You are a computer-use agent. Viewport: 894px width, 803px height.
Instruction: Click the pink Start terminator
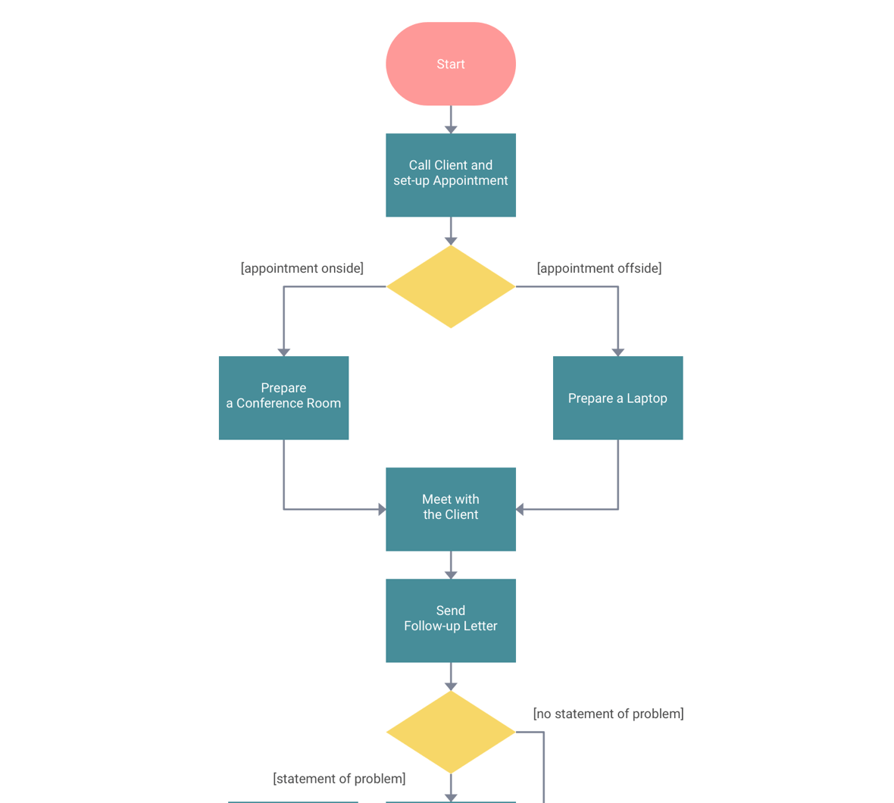(x=450, y=64)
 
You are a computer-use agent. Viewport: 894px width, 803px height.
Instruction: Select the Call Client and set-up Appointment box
(x=450, y=175)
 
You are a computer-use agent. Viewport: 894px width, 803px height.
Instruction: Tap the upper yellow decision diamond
(x=450, y=286)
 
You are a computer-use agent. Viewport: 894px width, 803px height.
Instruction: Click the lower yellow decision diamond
(x=450, y=732)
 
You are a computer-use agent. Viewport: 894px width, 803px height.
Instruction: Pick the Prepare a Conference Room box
(x=283, y=398)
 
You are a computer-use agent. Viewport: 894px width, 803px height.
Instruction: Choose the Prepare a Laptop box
(x=617, y=398)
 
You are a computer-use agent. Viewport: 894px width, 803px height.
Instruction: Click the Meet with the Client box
(x=450, y=509)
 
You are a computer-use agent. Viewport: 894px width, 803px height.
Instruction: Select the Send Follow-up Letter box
(x=450, y=620)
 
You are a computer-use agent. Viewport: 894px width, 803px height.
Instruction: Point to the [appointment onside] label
(x=302, y=268)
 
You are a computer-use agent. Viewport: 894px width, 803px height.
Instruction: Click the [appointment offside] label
(x=599, y=268)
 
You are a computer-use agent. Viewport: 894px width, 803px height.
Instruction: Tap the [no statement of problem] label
(x=608, y=714)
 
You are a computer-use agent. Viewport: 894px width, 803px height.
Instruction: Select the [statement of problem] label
(x=339, y=779)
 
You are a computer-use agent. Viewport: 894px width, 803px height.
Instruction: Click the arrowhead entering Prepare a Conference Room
(x=283, y=352)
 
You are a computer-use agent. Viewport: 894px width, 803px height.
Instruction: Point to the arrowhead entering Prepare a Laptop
(x=617, y=352)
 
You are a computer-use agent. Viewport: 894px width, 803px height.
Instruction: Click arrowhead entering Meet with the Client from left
(x=382, y=509)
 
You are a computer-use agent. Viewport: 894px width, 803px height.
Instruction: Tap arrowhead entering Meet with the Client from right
(x=520, y=509)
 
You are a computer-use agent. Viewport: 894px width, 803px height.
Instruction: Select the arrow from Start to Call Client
(x=450, y=119)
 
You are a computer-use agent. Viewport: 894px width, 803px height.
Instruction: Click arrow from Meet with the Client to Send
(x=450, y=564)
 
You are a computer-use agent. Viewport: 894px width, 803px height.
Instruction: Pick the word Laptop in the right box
(x=647, y=398)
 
